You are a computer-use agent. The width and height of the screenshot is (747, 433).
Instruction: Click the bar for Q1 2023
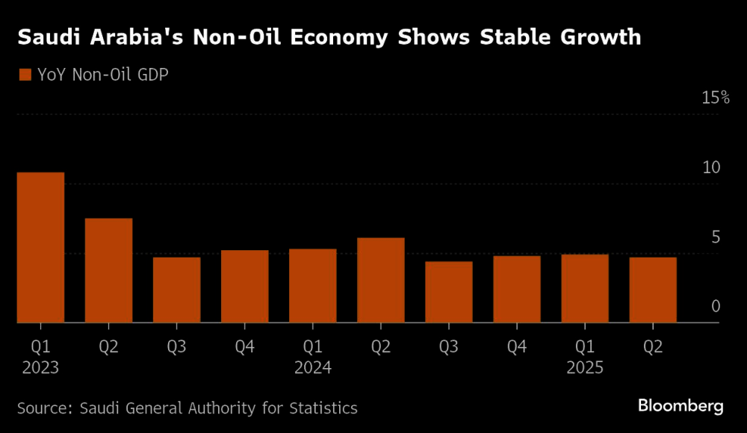pos(40,248)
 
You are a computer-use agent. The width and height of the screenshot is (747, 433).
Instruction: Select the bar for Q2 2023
pos(108,271)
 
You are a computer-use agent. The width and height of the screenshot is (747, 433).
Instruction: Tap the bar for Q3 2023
pos(177,290)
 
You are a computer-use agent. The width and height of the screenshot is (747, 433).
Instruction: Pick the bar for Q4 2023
pos(245,287)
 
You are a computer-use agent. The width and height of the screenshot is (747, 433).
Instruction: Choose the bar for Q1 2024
pos(313,286)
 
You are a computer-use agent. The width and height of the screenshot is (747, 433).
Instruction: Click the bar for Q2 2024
pos(381,281)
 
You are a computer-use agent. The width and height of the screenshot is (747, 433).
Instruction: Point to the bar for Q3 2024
pos(449,293)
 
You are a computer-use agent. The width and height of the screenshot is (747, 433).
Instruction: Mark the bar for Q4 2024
pos(517,290)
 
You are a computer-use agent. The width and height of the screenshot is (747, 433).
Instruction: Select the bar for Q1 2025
pos(585,289)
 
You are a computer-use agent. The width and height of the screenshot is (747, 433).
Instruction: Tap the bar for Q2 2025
pos(653,290)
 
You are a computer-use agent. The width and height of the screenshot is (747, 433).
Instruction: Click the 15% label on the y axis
pos(715,98)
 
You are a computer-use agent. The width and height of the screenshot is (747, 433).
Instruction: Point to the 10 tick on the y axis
pos(712,167)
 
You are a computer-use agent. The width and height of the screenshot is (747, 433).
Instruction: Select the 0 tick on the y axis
pos(716,307)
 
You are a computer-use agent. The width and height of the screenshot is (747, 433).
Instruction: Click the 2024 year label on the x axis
pos(313,368)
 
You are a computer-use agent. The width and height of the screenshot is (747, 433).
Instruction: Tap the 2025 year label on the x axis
pos(585,368)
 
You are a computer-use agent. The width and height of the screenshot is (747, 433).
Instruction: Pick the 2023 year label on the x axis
pos(40,368)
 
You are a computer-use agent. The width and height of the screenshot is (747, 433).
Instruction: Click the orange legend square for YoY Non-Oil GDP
pos(24,74)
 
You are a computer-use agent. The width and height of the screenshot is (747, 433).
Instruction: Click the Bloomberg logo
pos(681,406)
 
